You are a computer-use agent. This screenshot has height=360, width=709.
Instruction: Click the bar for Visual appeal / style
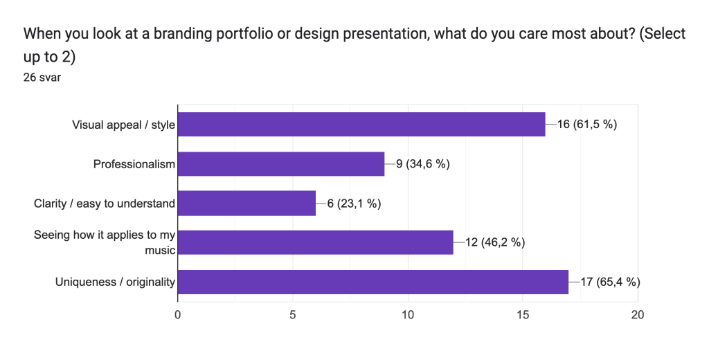click(x=361, y=125)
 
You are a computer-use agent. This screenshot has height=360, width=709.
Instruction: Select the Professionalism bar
click(x=281, y=163)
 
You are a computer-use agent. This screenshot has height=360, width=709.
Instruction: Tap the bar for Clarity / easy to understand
click(x=247, y=203)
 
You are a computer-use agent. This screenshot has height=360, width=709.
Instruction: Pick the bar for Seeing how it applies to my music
click(x=316, y=242)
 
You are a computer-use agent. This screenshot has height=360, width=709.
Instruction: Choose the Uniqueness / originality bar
click(x=373, y=282)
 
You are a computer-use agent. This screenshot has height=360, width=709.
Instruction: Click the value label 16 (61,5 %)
click(x=587, y=125)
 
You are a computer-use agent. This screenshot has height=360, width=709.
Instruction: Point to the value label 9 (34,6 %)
click(x=423, y=163)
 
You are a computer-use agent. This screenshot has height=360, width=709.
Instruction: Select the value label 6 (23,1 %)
click(x=354, y=204)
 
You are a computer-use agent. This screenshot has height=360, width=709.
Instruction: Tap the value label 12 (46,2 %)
click(x=494, y=243)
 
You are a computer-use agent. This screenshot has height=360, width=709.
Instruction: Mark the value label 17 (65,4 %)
click(x=610, y=282)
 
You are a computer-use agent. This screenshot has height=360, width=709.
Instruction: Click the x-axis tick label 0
click(x=178, y=315)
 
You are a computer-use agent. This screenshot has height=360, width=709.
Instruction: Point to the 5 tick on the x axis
click(x=293, y=315)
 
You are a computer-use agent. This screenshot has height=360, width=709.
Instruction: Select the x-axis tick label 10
click(x=408, y=315)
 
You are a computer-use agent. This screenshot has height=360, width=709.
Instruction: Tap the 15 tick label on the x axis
click(x=523, y=315)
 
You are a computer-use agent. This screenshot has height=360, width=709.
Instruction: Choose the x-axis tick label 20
click(x=638, y=315)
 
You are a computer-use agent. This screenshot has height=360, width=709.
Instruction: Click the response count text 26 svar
click(x=42, y=78)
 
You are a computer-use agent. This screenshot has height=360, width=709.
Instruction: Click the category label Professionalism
click(x=134, y=163)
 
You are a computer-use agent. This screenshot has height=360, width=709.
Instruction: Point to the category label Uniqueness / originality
click(x=115, y=282)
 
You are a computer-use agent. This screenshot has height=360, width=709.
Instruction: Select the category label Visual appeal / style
click(x=123, y=125)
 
